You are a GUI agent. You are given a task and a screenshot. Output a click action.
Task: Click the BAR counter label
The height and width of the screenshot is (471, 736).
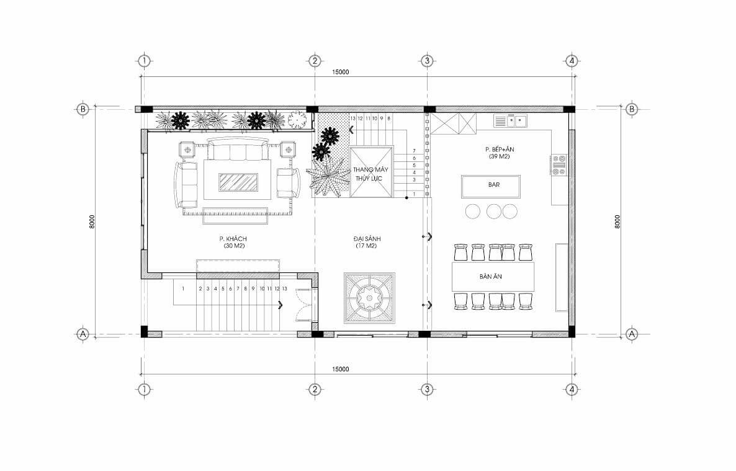[x=493, y=185]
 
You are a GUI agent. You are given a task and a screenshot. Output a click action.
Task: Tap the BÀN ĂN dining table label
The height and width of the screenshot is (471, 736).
[x=490, y=277]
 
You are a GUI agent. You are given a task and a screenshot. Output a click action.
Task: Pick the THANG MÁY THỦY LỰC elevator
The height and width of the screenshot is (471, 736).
[x=371, y=172]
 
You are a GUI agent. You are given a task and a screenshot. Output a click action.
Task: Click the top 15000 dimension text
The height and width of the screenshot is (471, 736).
[x=341, y=72]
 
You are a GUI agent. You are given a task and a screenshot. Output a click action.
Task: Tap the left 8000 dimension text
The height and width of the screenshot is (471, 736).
[x=92, y=222]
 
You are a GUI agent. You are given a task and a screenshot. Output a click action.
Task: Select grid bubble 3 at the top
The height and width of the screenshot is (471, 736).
[x=427, y=61]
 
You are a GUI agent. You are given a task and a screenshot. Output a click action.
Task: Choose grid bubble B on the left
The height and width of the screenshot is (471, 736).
[x=83, y=109]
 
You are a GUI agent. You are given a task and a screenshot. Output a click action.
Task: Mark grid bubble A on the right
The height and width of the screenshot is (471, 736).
[x=632, y=334]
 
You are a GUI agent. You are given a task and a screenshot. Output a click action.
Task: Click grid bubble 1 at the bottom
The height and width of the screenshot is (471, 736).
[x=144, y=389]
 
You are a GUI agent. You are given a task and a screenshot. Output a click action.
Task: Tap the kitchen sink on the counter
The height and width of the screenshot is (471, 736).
[x=511, y=121]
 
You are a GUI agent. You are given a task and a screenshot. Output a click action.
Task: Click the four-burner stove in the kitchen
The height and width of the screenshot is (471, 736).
[x=559, y=165]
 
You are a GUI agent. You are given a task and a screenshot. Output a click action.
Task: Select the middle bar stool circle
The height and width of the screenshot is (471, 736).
[x=494, y=212]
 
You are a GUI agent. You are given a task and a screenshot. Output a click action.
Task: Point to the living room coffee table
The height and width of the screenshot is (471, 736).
[x=238, y=182]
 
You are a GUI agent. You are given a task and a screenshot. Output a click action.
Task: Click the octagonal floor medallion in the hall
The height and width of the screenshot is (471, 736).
[x=369, y=298]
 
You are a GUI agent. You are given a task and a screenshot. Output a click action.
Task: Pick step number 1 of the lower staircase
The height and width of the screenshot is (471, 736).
[x=184, y=289]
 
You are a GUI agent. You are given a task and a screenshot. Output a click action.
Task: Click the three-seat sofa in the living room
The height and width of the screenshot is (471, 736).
[x=236, y=150]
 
